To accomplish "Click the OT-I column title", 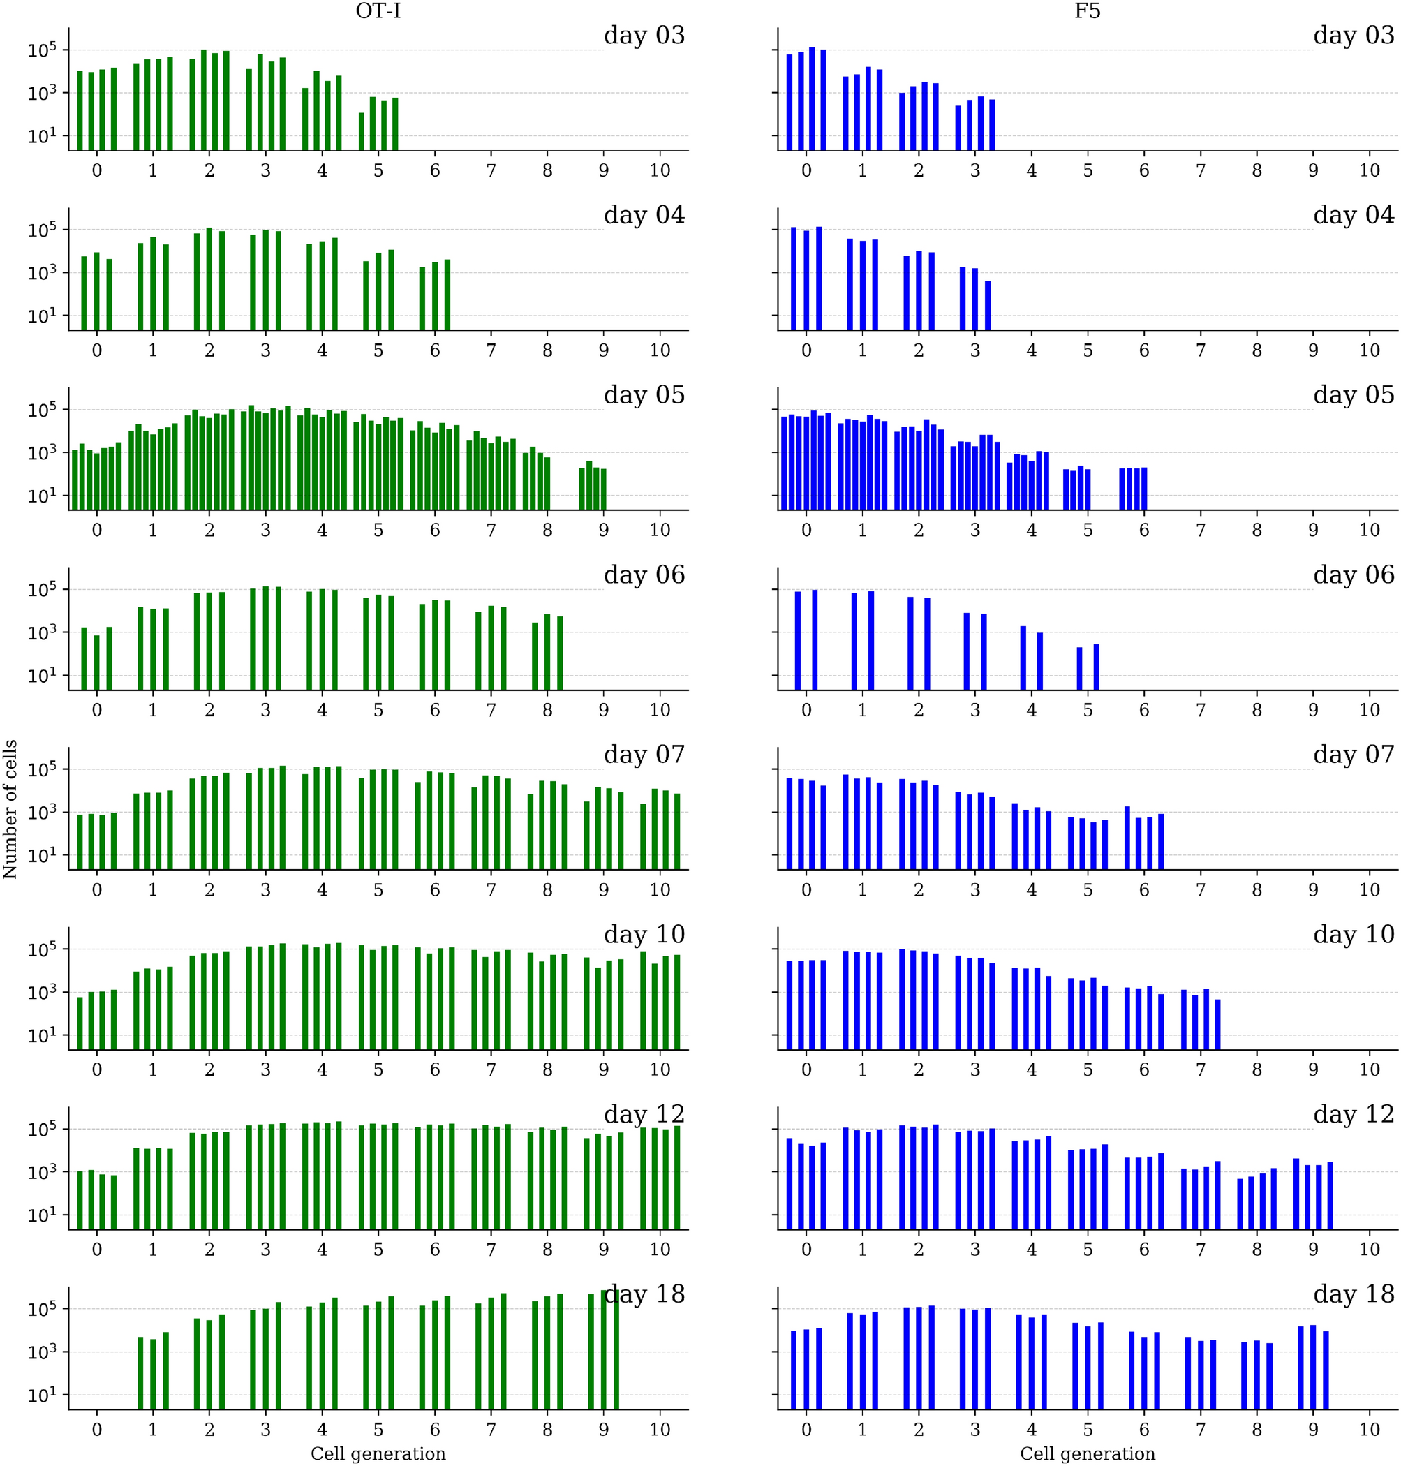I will (378, 12).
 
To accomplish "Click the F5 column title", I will (1088, 12).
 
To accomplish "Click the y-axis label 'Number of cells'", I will (10, 808).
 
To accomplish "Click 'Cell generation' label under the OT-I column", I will (378, 1453).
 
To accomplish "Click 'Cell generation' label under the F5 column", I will (1088, 1453).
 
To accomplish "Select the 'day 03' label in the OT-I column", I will (644, 35).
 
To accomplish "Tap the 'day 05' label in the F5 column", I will (1354, 394).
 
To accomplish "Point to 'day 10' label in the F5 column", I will (1354, 933).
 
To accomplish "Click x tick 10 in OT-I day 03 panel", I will (660, 171).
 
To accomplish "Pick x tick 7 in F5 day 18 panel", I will (1200, 1430).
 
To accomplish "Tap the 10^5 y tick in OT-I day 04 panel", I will (42, 230).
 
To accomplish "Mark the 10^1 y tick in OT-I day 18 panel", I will (42, 1395).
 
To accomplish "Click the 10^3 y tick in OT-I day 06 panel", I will (42, 632).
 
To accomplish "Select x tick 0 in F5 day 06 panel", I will (806, 710).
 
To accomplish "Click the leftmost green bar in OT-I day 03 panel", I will (80, 110).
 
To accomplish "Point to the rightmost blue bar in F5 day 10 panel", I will (1217, 1024).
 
